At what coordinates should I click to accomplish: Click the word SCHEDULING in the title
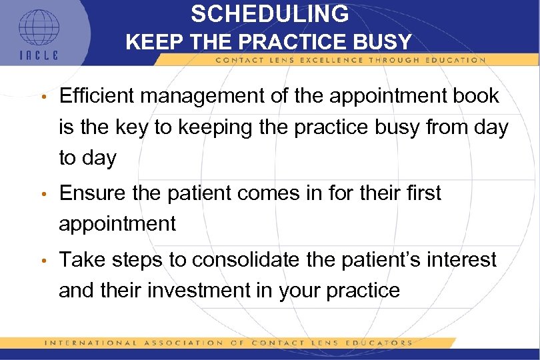(x=269, y=14)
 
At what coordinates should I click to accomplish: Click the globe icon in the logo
(x=39, y=28)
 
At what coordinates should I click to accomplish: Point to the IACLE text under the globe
(x=39, y=55)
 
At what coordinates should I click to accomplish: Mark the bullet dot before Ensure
(x=43, y=195)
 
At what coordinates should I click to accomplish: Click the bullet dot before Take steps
(x=43, y=261)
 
